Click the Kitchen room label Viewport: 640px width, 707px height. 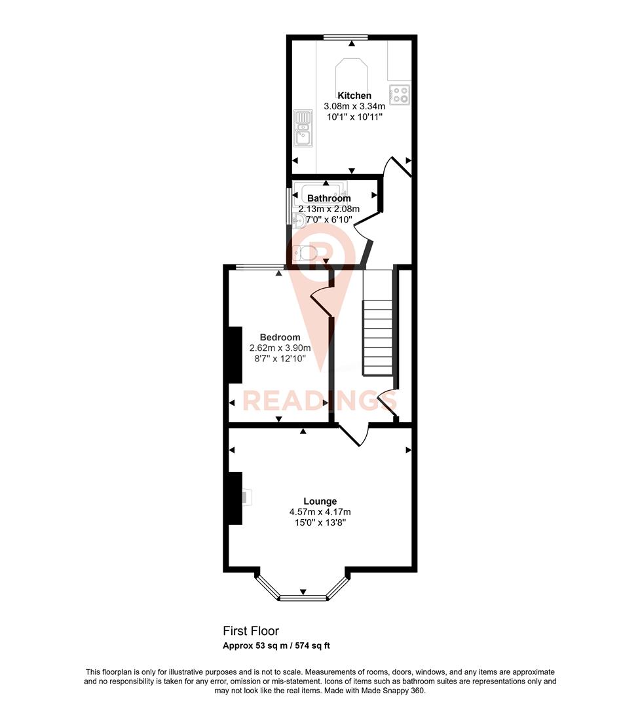[x=354, y=96]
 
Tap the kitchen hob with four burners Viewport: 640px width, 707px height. [x=399, y=95]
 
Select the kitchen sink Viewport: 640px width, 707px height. [x=303, y=127]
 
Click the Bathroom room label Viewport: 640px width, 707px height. [x=329, y=198]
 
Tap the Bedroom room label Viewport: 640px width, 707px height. [x=280, y=338]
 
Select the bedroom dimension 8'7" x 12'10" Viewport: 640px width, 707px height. [x=280, y=359]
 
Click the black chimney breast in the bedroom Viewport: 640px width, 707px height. [x=234, y=354]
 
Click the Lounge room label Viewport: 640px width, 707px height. [x=320, y=501]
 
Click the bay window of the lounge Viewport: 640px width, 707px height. [x=303, y=596]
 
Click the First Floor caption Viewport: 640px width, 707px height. [x=251, y=631]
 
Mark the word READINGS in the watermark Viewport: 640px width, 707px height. [x=311, y=400]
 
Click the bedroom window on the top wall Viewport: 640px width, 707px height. [x=259, y=266]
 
